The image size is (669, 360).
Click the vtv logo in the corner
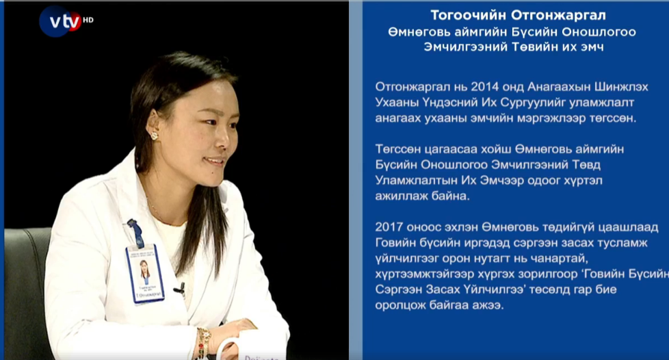(x=60, y=21)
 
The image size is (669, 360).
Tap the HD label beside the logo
(x=88, y=20)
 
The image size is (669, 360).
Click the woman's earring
(x=155, y=136)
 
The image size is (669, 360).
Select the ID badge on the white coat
(x=145, y=274)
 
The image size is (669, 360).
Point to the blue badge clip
(x=135, y=233)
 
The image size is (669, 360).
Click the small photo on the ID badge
(x=144, y=272)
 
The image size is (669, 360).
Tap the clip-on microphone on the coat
(x=180, y=290)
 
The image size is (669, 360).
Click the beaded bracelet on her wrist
(x=203, y=342)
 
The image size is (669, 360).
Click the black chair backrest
(x=25, y=290)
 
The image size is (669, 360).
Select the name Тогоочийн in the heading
(x=468, y=15)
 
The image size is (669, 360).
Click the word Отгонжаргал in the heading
(x=558, y=15)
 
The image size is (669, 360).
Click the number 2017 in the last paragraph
(x=389, y=227)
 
